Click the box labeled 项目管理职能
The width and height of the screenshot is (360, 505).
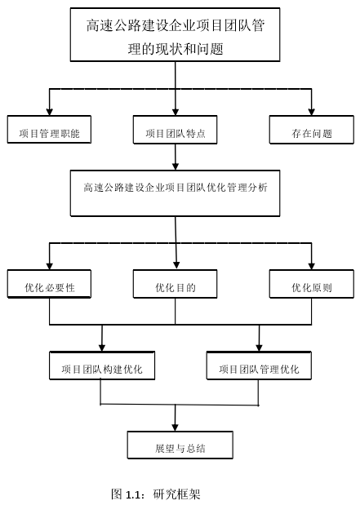49,130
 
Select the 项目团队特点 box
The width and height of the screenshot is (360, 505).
175,130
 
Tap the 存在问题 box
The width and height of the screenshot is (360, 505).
311,130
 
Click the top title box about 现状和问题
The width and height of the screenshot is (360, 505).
175,35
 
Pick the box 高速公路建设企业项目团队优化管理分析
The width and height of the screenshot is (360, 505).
175,193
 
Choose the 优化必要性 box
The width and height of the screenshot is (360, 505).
49,284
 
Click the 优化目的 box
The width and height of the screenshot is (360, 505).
175,284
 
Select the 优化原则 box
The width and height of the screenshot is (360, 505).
311,284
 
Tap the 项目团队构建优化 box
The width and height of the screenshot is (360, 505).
102,365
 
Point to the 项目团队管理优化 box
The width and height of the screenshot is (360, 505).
259,365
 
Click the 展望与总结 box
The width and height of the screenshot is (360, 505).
180,445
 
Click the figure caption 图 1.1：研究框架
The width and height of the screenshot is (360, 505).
156,494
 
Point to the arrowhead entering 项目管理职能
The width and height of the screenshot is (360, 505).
49,112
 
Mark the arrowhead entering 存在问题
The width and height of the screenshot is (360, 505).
311,112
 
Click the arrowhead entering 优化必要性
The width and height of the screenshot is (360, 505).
49,266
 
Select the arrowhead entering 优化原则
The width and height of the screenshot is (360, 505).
311,266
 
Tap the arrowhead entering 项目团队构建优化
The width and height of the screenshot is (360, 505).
102,348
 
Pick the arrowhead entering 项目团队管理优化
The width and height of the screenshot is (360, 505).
259,348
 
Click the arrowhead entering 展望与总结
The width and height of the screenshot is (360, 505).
175,427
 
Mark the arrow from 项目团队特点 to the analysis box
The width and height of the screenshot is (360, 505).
175,157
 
